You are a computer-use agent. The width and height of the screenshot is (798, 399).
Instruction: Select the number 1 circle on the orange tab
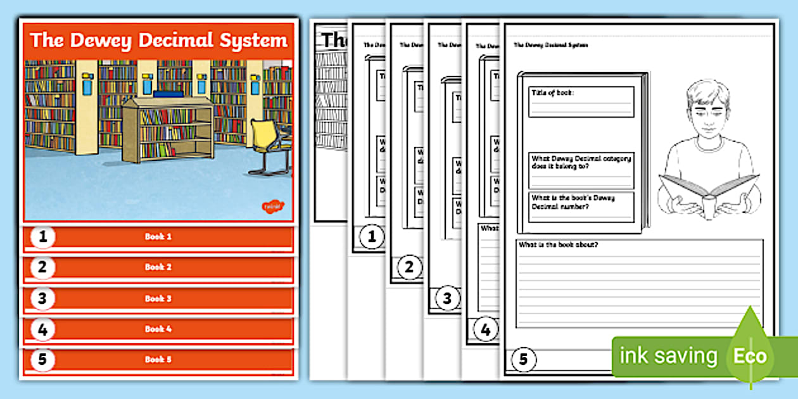42,237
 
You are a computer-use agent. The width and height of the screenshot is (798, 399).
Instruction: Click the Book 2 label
158,267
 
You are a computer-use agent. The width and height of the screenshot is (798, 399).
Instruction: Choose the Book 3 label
158,298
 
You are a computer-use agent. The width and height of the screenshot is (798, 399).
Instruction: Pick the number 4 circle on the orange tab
42,329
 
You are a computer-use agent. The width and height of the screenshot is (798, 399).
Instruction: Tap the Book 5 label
158,359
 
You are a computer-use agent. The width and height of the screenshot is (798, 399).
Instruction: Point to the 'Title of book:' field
581,101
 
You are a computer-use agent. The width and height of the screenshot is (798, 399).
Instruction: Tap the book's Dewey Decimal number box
581,206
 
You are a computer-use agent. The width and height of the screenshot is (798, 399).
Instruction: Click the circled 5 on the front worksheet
523,360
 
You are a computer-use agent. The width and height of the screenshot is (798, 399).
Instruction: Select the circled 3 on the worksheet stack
447,299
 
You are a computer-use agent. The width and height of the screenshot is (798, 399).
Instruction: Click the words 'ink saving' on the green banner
668,356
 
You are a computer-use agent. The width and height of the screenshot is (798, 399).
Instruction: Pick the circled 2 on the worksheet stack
409,268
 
